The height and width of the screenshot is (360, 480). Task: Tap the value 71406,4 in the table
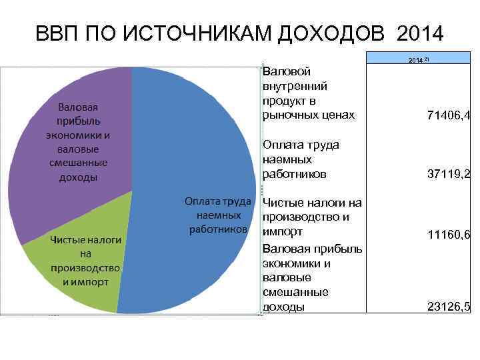448,116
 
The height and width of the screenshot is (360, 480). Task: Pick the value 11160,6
448,235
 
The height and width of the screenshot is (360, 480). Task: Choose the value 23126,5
448,307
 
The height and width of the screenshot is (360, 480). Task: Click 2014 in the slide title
419,33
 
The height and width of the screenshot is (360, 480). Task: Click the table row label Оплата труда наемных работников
301,159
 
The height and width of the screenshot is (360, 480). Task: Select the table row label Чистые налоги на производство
312,217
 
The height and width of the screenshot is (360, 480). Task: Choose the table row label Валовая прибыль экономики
312,277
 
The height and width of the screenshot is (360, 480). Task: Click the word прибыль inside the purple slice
79,121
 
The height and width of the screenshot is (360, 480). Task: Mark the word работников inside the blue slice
218,229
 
